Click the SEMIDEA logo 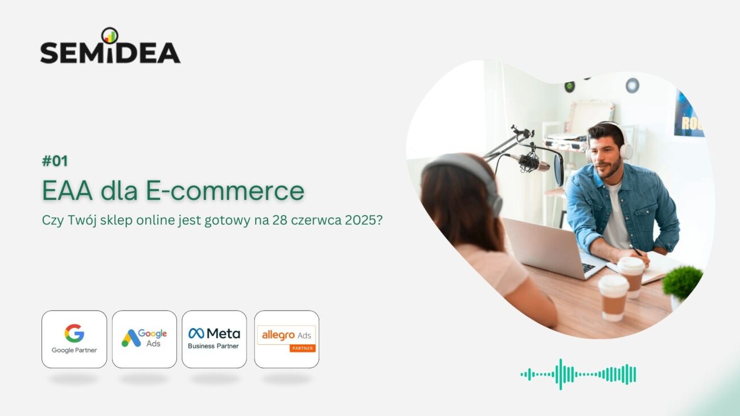coord(110,46)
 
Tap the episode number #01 coord(55,161)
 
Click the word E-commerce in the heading coord(225,191)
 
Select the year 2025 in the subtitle coord(363,220)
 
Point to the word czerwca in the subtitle coord(316,220)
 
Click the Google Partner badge coord(75,339)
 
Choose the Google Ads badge coord(145,339)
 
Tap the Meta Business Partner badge coord(214,339)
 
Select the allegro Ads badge coord(287,339)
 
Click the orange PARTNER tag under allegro coord(303,348)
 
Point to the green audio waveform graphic coord(578,374)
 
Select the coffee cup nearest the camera coord(614,298)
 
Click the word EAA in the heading coord(68,191)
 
